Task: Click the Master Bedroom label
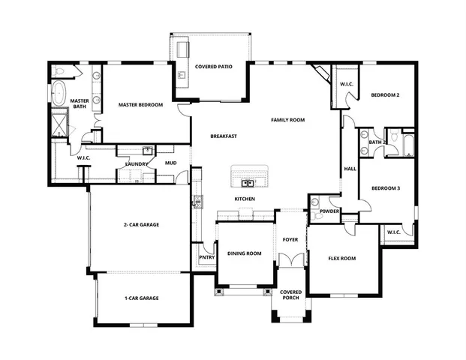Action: (141, 105)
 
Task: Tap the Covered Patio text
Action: (213, 67)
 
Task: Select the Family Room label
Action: (288, 120)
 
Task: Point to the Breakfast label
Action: (224, 136)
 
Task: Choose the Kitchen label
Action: (245, 199)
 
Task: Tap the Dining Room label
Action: (244, 253)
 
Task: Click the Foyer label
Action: (290, 240)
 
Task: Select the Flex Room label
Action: (342, 259)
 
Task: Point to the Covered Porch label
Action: (290, 295)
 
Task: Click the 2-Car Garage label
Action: (141, 224)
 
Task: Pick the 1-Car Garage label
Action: (141, 298)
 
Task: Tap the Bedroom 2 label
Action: (384, 95)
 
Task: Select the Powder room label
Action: (330, 211)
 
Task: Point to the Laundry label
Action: (137, 163)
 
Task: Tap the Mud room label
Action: (171, 163)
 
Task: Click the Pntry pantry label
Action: (207, 259)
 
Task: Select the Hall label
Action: (350, 169)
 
